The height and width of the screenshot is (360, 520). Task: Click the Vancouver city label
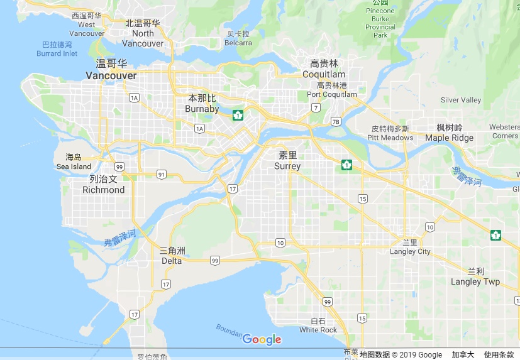[x=111, y=75]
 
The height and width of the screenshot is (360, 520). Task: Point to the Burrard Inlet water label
[x=57, y=53]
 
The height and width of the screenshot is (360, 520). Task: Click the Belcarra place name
[x=238, y=43]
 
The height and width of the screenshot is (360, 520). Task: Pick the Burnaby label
[x=202, y=109]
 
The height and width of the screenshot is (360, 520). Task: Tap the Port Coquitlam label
[x=331, y=94]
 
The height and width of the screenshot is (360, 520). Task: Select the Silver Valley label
[x=460, y=100]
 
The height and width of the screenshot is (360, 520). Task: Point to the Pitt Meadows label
[x=390, y=138]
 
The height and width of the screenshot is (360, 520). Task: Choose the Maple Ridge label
[x=449, y=138]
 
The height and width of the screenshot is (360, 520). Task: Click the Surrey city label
[x=287, y=166]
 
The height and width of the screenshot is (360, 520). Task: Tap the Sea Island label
[x=74, y=166]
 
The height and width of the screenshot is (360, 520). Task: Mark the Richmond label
[x=103, y=189]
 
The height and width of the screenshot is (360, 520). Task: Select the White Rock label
[x=318, y=330]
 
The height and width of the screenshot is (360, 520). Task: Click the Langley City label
[x=411, y=251]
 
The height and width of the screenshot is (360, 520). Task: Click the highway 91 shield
[x=162, y=174]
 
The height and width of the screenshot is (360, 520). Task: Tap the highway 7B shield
[x=335, y=121]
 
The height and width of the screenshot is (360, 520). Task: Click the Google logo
[x=262, y=340]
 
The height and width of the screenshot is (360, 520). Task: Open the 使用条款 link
[x=499, y=355]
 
